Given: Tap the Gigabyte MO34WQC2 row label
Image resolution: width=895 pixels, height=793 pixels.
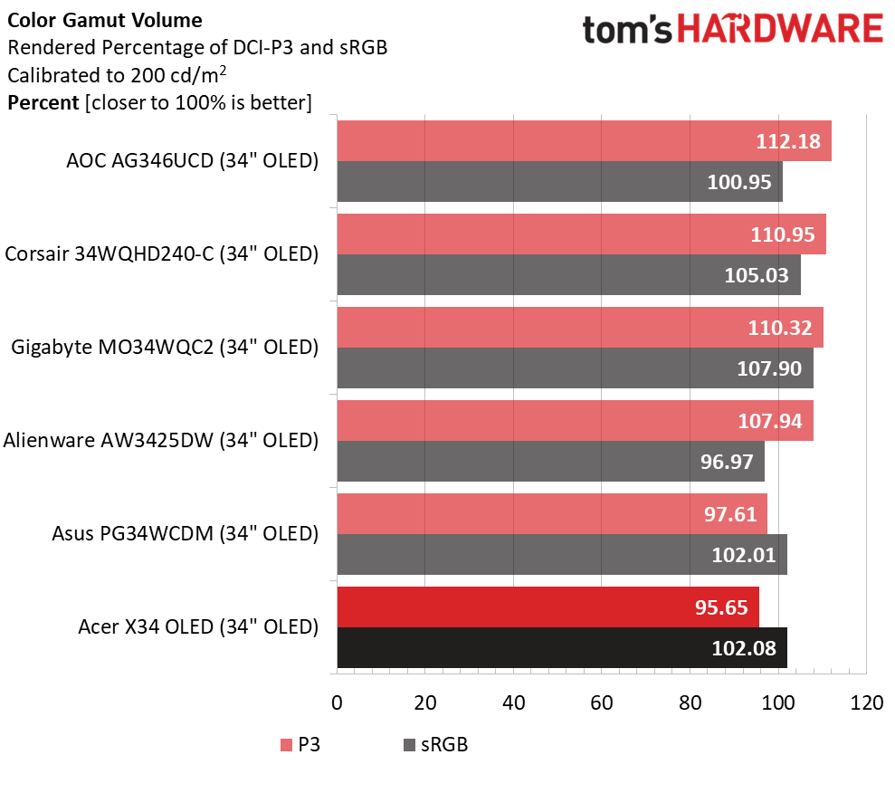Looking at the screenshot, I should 165,348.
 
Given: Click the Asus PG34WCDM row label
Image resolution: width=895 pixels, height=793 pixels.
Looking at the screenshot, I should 186,534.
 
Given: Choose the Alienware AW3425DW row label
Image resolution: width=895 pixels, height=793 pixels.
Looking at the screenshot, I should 161,441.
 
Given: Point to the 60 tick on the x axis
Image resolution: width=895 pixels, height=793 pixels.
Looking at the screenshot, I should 602,702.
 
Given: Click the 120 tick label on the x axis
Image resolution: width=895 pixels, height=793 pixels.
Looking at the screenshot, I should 866,702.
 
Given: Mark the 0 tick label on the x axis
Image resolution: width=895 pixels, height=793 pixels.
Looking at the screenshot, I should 338,702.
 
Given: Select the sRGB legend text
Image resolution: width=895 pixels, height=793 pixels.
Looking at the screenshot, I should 445,746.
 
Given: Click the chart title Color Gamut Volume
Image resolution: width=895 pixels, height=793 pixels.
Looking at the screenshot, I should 105,20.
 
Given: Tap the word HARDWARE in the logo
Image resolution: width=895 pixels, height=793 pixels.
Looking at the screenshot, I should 781,30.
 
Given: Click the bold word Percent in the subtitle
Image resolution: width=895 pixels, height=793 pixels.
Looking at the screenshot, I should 43,102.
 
